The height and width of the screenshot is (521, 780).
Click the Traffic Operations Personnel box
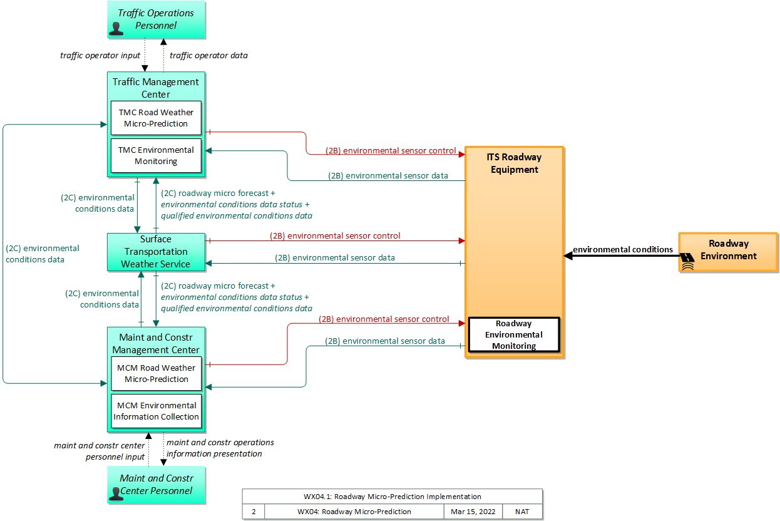(x=157, y=19)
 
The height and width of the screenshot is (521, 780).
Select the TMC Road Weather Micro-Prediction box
(x=156, y=118)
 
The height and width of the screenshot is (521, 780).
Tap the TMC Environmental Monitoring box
(x=156, y=156)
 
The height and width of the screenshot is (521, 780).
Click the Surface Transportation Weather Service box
(x=156, y=252)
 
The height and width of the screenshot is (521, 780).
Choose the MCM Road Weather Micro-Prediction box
(x=157, y=373)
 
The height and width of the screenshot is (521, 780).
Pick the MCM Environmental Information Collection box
(x=157, y=411)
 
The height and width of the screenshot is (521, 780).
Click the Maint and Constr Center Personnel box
(x=157, y=485)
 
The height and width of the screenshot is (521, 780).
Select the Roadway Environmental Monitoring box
(x=514, y=334)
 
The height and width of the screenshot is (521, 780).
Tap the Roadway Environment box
(x=729, y=252)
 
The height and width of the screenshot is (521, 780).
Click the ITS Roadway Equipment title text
(x=515, y=163)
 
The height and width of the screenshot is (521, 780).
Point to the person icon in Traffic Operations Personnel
(x=116, y=29)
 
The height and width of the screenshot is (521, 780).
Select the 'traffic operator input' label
(x=100, y=55)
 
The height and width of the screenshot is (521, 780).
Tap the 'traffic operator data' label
(x=208, y=55)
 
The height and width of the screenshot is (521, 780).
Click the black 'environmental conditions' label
(x=623, y=249)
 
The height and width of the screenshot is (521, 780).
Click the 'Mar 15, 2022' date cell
(x=473, y=512)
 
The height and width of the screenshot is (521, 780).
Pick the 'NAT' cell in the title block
(x=522, y=512)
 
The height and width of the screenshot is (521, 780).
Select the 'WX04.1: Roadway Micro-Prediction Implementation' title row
(x=393, y=497)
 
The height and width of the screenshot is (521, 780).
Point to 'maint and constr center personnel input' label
(x=100, y=451)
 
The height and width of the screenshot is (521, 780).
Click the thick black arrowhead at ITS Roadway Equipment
(x=568, y=256)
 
